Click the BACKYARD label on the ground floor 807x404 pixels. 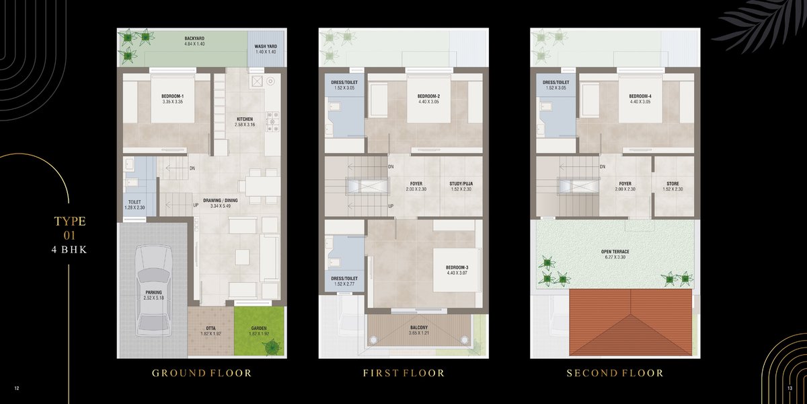click(194, 38)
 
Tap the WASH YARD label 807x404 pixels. click(266, 46)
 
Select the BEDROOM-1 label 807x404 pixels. click(173, 96)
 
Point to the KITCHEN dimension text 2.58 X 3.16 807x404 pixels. click(245, 125)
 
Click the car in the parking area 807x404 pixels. click(154, 291)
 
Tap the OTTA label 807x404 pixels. click(210, 329)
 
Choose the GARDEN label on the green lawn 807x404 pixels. click(259, 329)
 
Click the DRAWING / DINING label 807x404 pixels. click(221, 201)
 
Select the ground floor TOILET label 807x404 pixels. click(134, 202)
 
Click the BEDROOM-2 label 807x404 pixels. click(429, 96)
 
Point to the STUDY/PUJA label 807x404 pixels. click(461, 184)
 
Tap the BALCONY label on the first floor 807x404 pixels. click(418, 327)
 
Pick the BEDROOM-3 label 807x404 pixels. click(457, 268)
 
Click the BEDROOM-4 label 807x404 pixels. click(640, 96)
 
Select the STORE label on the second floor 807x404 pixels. click(672, 184)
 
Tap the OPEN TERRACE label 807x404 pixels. click(615, 252)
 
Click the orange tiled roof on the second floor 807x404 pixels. click(631, 322)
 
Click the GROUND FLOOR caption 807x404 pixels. click(202, 373)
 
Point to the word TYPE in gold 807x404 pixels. click(70, 221)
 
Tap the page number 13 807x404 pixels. click(790, 389)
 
